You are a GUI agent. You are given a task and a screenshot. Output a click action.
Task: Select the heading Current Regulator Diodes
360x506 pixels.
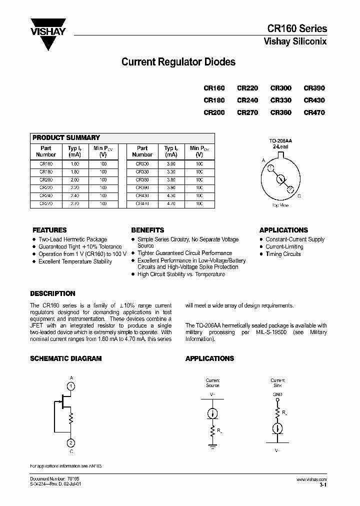[x=178, y=62]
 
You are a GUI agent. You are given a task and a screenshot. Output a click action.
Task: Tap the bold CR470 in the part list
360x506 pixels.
[x=314, y=112]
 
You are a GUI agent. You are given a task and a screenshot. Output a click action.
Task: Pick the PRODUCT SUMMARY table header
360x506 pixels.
[x=66, y=137]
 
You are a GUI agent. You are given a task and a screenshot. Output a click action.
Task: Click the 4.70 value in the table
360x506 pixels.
[x=171, y=204]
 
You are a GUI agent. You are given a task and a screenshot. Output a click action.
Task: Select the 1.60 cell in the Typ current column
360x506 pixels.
[x=73, y=163]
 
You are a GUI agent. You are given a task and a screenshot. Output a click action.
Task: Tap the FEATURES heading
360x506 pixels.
[x=49, y=230]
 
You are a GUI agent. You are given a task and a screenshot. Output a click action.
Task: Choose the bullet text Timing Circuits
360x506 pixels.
[x=283, y=254]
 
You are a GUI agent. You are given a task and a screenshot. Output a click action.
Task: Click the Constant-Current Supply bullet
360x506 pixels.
[x=295, y=239]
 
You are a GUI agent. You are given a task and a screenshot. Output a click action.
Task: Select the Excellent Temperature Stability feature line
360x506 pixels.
[x=75, y=261]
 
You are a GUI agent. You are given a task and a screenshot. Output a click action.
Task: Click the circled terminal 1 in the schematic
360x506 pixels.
[x=71, y=386]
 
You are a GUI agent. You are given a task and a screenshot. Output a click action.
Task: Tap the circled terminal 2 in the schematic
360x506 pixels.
[x=71, y=443]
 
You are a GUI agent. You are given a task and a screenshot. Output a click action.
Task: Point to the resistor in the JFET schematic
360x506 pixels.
[x=71, y=417]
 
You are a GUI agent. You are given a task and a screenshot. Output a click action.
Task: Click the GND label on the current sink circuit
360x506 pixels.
[x=277, y=394]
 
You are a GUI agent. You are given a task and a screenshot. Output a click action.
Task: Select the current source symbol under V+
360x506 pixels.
[x=212, y=413]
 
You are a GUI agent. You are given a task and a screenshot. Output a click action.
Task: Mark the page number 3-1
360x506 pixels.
[x=323, y=485]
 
